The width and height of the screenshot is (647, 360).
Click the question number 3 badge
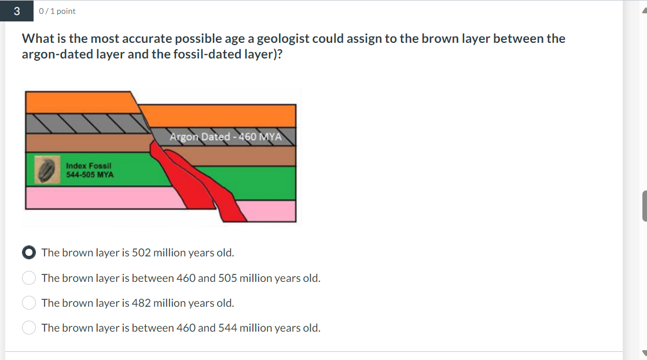(x=16, y=11)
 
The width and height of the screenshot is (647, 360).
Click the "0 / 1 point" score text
(x=57, y=11)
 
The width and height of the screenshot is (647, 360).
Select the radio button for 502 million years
(x=30, y=253)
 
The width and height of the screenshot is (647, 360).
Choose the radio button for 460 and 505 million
(x=30, y=278)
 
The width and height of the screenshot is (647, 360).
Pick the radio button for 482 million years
(x=30, y=303)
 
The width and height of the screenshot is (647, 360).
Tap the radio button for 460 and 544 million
(x=30, y=328)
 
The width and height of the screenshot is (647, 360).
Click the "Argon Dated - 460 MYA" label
(x=225, y=137)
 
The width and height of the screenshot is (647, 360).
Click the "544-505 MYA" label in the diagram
(x=90, y=174)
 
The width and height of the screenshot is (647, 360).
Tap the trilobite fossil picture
(x=48, y=169)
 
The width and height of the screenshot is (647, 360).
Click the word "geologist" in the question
(x=283, y=39)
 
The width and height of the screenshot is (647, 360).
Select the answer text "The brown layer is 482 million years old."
(x=138, y=303)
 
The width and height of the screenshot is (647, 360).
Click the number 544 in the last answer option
(x=227, y=328)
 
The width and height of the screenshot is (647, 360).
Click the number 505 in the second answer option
(x=227, y=278)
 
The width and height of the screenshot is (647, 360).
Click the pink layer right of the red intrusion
(x=269, y=211)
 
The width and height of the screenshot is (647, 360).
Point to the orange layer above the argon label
(x=220, y=115)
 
